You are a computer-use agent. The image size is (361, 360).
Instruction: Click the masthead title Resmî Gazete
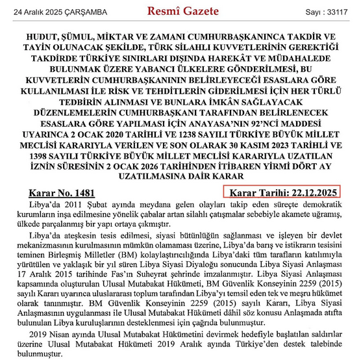180,11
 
